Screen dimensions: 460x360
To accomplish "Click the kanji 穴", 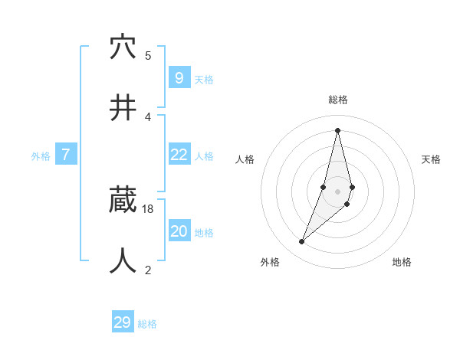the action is tap(123, 47).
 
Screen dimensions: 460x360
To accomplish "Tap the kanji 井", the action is tap(123, 108).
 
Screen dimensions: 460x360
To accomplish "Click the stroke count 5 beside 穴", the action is tap(148, 55).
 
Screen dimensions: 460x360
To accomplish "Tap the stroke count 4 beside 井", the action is tap(148, 116).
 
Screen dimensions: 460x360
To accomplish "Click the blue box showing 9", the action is tap(179, 78).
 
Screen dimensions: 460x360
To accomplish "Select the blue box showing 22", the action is tap(179, 155).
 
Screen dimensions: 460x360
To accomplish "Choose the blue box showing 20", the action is tap(179, 231).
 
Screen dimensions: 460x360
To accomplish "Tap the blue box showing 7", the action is tap(66, 155).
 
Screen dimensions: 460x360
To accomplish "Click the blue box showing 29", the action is tap(123, 322).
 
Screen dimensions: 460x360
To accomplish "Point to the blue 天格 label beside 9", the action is tap(204, 80).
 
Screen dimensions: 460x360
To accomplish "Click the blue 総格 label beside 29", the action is tap(147, 324).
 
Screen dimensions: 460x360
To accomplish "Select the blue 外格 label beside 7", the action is tap(41, 156).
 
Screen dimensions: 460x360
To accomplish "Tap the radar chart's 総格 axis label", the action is tap(338, 100).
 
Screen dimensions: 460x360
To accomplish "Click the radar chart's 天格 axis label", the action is tap(432, 159).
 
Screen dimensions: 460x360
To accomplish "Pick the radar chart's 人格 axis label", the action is tap(245, 159).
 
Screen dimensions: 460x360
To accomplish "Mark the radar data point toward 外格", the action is tap(302, 242).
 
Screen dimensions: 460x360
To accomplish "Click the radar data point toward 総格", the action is tap(337, 130).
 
